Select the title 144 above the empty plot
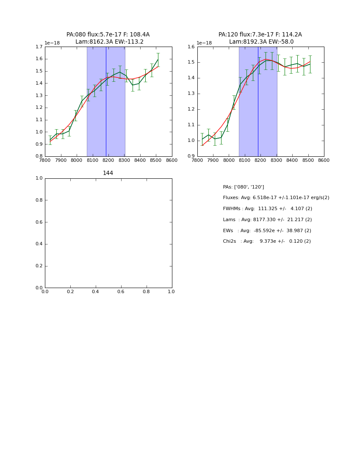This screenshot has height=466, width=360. coord(108,173)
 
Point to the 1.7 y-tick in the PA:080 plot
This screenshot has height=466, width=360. coord(39,47)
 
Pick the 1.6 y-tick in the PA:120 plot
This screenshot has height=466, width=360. coord(191,47)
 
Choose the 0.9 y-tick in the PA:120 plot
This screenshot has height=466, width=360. coord(191,156)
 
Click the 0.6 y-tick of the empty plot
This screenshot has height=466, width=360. coord(39,222)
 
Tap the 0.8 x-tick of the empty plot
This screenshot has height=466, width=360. coord(146,292)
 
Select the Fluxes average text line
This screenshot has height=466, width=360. coord(276,198)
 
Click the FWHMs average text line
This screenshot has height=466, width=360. coord(267,209)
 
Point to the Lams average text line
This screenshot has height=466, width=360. coord(267,220)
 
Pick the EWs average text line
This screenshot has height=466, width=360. coord(267,231)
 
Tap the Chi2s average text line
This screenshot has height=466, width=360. coord(267,241)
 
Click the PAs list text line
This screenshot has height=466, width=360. coord(244,187)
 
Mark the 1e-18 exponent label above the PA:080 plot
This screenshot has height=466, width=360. coord(52,43)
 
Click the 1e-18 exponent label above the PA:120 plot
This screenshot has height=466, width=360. coord(204,43)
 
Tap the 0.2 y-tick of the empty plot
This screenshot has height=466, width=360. coord(39,266)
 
